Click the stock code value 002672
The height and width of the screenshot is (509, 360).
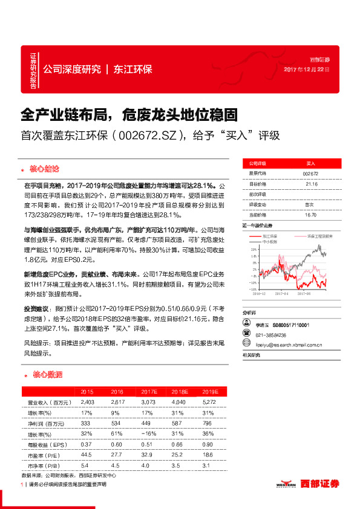(310, 173)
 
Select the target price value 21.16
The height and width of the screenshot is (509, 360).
(311, 184)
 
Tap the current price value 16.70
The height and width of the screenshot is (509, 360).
(311, 215)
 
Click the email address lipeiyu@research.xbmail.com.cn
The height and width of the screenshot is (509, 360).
(287, 345)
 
